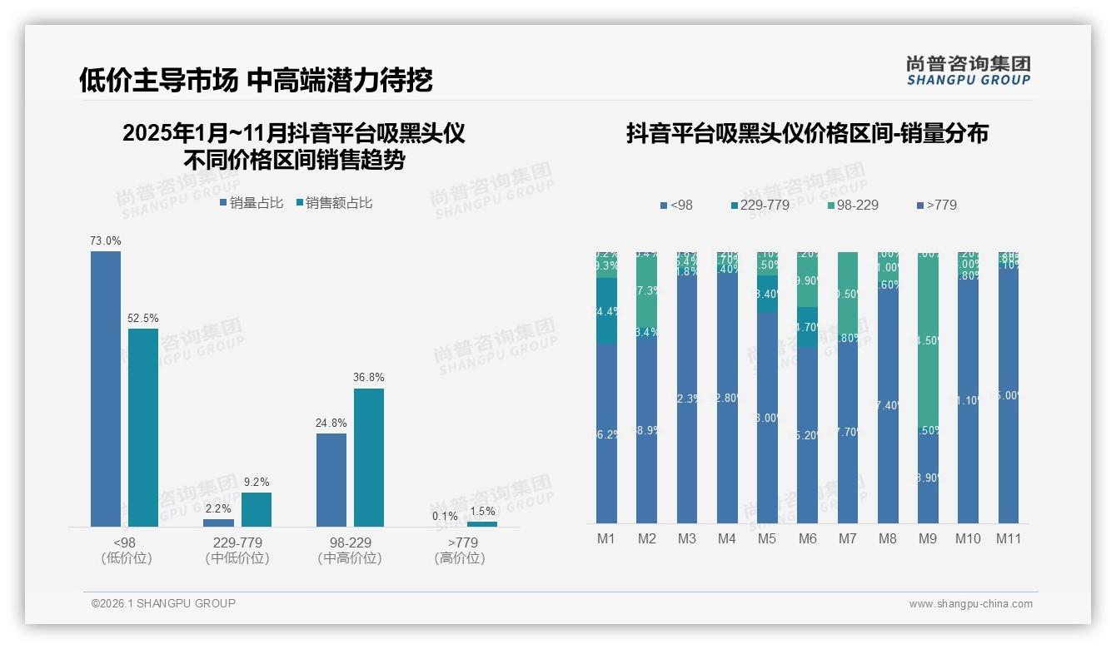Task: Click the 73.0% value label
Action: [106, 240]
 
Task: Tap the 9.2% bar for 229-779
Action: [257, 509]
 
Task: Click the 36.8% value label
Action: [369, 377]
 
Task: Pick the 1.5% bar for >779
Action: [482, 523]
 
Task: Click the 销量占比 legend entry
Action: [252, 202]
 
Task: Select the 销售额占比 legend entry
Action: [334, 202]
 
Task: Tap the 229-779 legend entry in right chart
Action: [759, 205]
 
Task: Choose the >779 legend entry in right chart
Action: [936, 205]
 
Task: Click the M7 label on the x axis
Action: [847, 538]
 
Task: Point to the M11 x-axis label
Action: [1008, 538]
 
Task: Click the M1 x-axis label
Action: [605, 538]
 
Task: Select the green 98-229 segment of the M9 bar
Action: [928, 340]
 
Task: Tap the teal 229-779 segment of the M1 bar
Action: [605, 310]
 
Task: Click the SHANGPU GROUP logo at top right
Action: [968, 70]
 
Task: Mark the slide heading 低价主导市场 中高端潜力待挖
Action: [256, 80]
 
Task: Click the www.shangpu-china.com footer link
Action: [970, 604]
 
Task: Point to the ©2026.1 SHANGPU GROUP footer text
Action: [163, 603]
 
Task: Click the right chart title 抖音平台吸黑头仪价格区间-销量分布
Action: [807, 133]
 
